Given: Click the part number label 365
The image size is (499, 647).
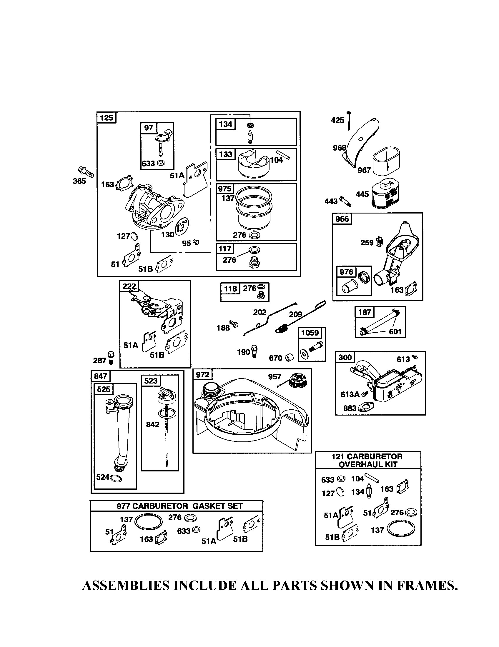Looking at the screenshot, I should click(x=79, y=181).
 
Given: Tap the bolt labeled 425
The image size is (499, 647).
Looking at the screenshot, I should click(x=348, y=121).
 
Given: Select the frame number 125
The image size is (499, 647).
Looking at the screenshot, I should click(x=107, y=118).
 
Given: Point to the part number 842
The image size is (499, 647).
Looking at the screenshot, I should click(x=153, y=424).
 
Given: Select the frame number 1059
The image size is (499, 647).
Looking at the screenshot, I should click(x=310, y=332).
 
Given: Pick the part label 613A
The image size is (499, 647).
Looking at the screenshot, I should click(x=350, y=394).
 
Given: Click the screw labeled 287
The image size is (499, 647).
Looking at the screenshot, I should click(x=111, y=357).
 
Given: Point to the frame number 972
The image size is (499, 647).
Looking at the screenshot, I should click(x=202, y=375).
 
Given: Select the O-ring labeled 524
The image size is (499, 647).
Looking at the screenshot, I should click(x=116, y=478).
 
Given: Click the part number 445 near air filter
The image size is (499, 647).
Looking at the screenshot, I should click(x=362, y=194).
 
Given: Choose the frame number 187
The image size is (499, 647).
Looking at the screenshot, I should click(x=365, y=312).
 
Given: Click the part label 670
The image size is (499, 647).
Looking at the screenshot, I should click(x=275, y=358).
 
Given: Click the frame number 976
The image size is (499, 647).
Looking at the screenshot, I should click(x=346, y=272).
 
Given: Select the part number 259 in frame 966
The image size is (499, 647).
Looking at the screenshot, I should click(x=367, y=243).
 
